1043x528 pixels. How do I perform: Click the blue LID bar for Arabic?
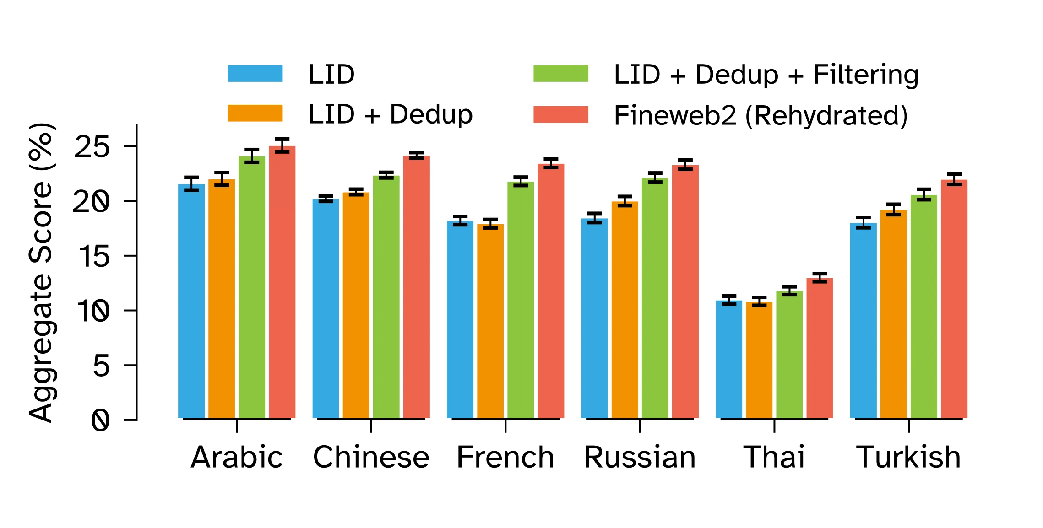(x=191, y=302)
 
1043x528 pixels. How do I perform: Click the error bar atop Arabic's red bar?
(x=282, y=145)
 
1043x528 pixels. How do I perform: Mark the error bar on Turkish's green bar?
(x=924, y=194)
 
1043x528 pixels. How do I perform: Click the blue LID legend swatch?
(x=255, y=74)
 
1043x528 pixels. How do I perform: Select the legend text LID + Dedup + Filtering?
(x=766, y=75)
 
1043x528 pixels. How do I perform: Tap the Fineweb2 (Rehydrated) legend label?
(x=760, y=115)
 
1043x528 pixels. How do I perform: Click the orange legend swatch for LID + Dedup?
(x=255, y=113)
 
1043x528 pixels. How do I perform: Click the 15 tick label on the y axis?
(x=94, y=257)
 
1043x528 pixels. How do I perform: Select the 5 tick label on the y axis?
(x=101, y=366)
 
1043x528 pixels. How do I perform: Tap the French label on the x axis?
(x=505, y=457)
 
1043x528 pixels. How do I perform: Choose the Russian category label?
(x=640, y=457)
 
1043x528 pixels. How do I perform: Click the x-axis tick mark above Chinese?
(x=371, y=426)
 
